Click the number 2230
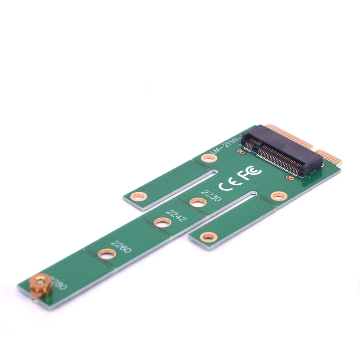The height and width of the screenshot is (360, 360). coord(211,196)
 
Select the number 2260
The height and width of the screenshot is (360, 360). coord(121,247)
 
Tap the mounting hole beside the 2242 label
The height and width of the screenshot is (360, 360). coord(162,222)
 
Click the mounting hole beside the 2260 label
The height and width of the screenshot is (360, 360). coord(107,254)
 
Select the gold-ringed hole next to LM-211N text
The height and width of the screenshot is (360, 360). coord(208,157)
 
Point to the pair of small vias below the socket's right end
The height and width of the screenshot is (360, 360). coord(288,177)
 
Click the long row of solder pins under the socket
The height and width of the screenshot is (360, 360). coord(277,162)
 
